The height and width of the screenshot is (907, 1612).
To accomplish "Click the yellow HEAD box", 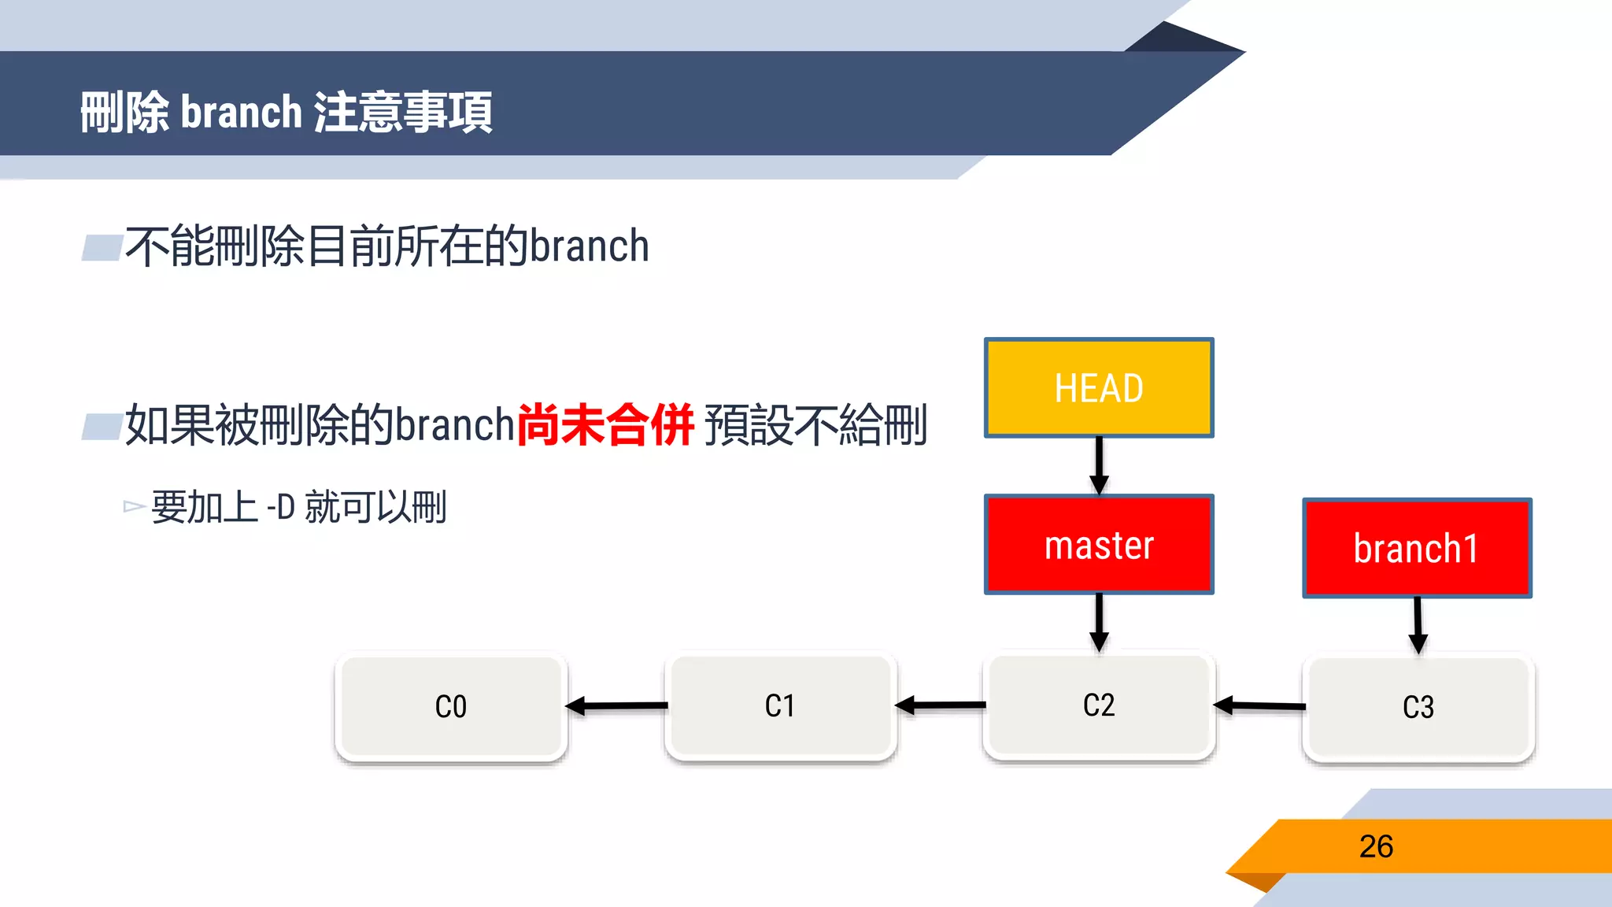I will pyautogui.click(x=1099, y=387).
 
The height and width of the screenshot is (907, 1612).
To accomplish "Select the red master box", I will pyautogui.click(x=1099, y=545).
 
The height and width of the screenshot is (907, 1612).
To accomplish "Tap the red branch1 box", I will pyautogui.click(x=1417, y=548).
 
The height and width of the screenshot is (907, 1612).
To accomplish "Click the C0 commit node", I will pyautogui.click(x=451, y=706).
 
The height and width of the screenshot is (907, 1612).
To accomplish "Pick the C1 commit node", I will pyautogui.click(x=780, y=705).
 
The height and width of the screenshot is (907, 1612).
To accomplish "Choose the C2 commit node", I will pyautogui.click(x=1099, y=705).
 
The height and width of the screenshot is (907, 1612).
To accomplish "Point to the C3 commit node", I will pyautogui.click(x=1418, y=707).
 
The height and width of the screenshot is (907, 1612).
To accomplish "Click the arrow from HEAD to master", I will pyautogui.click(x=1099, y=465).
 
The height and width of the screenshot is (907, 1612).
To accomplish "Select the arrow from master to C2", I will pyautogui.click(x=1099, y=622).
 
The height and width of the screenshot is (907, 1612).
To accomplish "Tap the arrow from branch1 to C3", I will pyautogui.click(x=1418, y=625).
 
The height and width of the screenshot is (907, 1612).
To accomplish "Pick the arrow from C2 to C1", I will pyautogui.click(x=941, y=705).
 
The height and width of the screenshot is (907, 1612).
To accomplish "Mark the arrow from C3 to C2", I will pyautogui.click(x=1259, y=705).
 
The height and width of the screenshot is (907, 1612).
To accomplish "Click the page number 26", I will pyautogui.click(x=1376, y=846).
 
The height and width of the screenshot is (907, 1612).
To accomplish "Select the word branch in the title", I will pyautogui.click(x=242, y=112).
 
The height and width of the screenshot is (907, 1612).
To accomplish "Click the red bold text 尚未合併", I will pyautogui.click(x=605, y=425).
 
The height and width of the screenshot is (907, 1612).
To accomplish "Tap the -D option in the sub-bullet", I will pyautogui.click(x=281, y=507).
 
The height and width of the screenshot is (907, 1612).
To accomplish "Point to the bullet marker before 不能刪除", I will pyautogui.click(x=102, y=247).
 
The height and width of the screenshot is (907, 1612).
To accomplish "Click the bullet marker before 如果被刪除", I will pyautogui.click(x=102, y=426).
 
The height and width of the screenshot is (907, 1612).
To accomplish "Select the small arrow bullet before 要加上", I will pyautogui.click(x=134, y=506).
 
